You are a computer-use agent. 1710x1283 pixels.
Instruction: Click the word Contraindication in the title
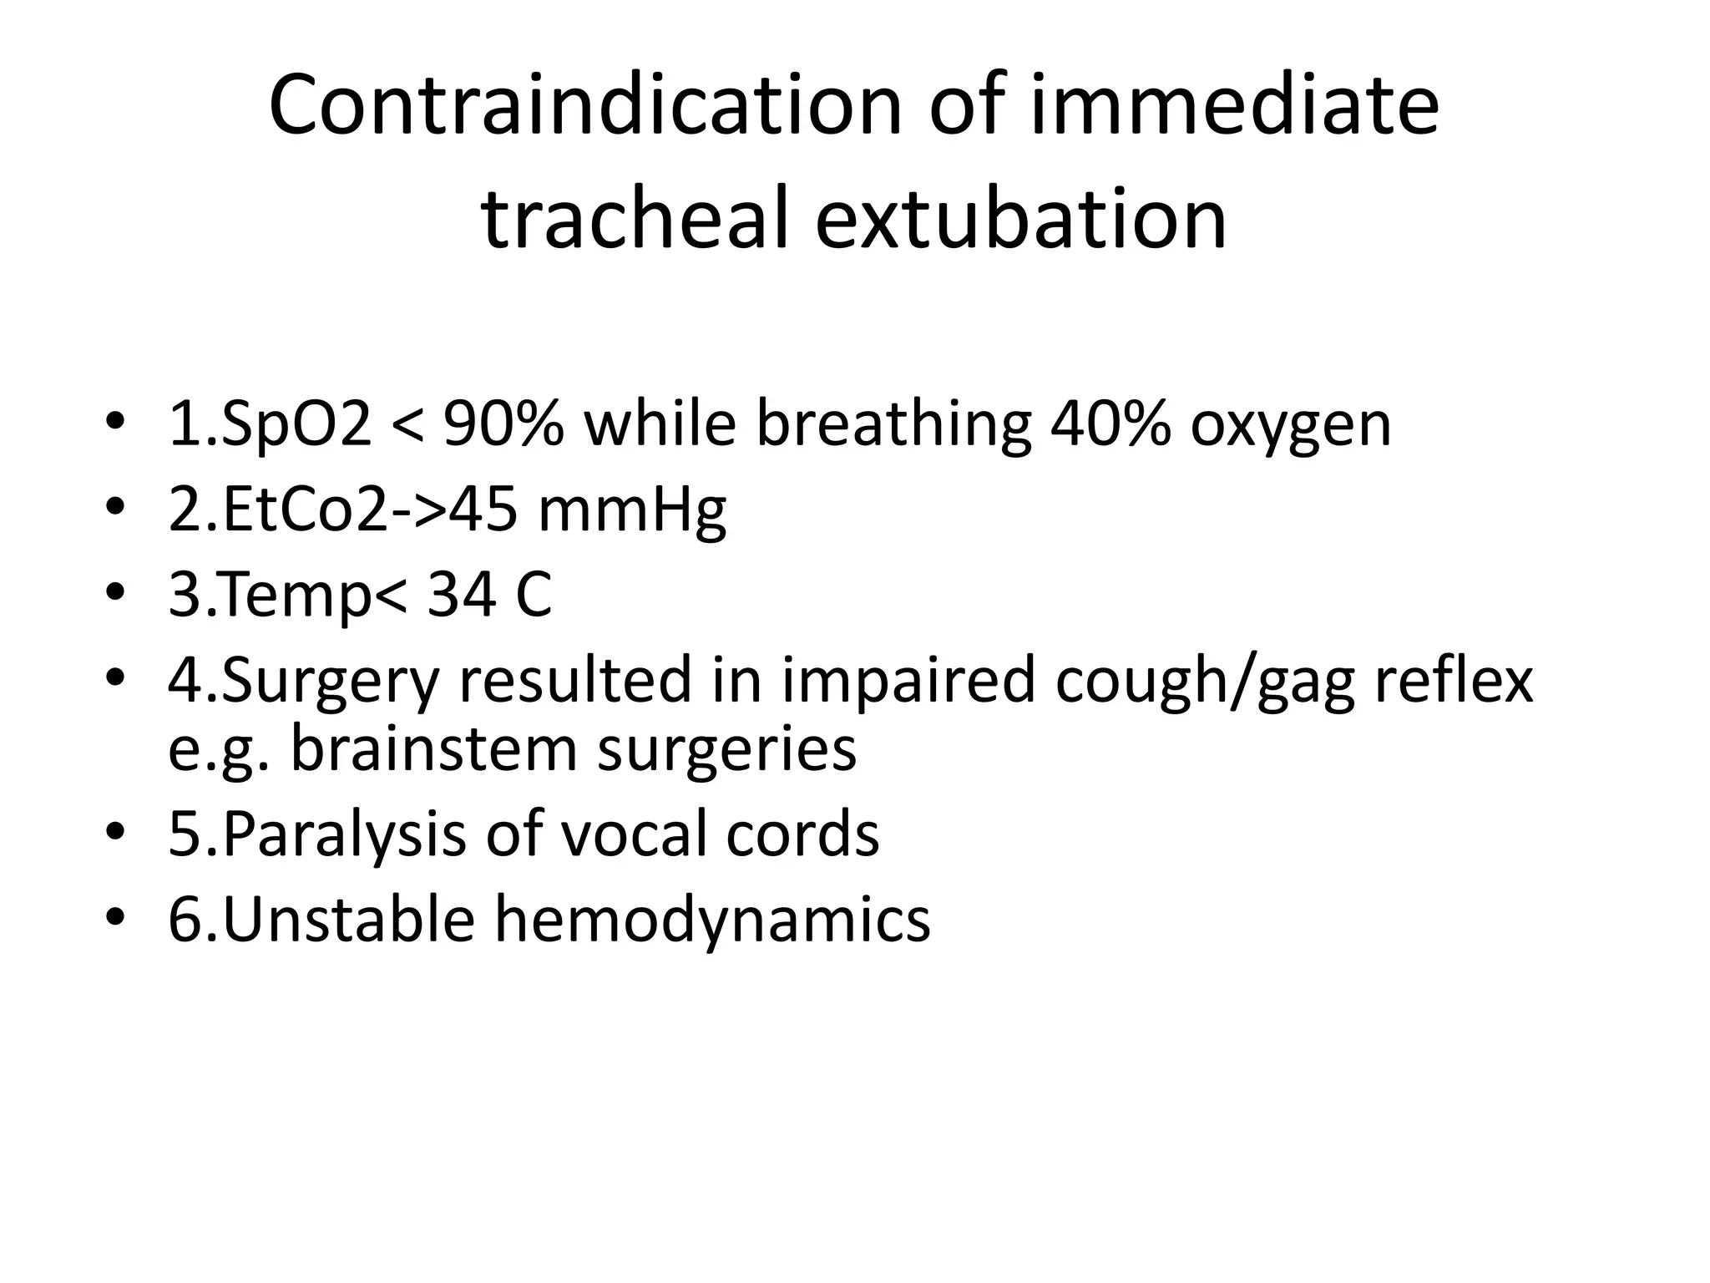pyautogui.click(x=584, y=106)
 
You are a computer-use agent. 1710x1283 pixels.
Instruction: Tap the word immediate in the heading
pyautogui.click(x=1234, y=106)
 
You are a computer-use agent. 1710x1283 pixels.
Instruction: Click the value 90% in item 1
pyautogui.click(x=503, y=423)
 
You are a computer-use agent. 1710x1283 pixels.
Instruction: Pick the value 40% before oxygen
pyautogui.click(x=1110, y=423)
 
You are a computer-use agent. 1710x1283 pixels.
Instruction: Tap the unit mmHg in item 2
pyautogui.click(x=632, y=511)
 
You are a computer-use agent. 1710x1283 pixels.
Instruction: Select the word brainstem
pyautogui.click(x=433, y=748)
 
